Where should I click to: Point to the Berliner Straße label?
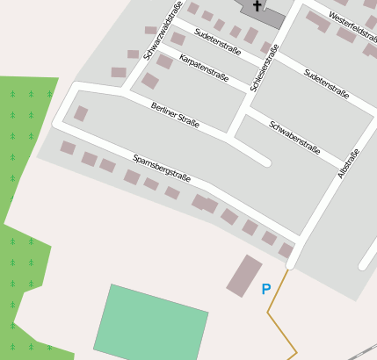pyautogui.click(x=175, y=115)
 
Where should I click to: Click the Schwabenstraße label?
pyautogui.click(x=294, y=136)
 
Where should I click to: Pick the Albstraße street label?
pyautogui.click(x=349, y=164)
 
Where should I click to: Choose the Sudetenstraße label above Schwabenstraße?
pyautogui.click(x=326, y=83)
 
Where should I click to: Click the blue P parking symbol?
pyautogui.click(x=266, y=288)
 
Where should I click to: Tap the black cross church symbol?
pyautogui.click(x=257, y=6)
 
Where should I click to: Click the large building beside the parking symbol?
pyautogui.click(x=244, y=276)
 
